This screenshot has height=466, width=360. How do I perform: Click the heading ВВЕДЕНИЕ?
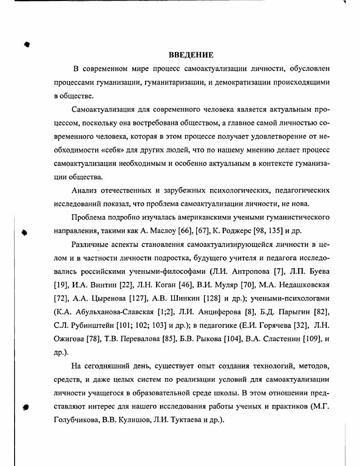point(191,56)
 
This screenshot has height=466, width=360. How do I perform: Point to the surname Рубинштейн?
point(92,326)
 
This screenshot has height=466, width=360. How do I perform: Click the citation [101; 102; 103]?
point(141,326)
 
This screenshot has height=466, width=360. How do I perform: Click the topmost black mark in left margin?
point(27,44)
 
